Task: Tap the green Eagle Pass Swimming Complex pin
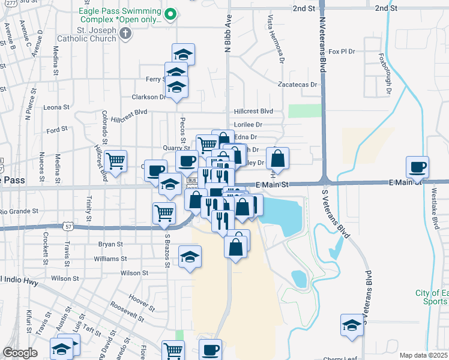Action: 170,14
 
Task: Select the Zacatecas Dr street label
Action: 297,85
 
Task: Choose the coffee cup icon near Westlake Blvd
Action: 418,166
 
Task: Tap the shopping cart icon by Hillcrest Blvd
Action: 115,160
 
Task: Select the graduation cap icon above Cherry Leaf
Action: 352,325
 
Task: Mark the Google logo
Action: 20,353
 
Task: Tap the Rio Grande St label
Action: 19,211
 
